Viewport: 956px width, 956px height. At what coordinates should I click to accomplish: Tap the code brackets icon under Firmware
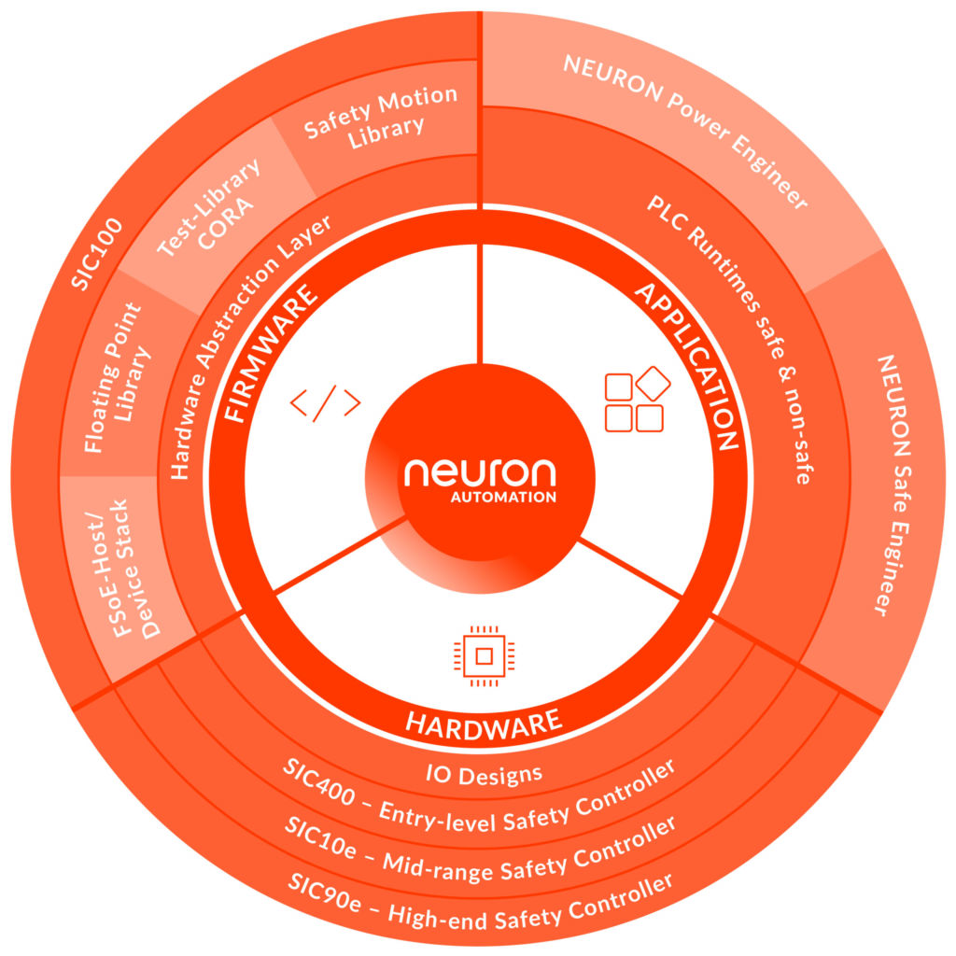(325, 403)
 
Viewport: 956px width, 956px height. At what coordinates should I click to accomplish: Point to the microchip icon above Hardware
(483, 656)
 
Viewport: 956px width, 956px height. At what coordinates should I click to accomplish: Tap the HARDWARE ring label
(484, 721)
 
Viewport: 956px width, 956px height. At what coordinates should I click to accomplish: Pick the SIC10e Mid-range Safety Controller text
(479, 846)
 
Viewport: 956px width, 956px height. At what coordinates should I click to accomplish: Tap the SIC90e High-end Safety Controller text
(479, 892)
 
